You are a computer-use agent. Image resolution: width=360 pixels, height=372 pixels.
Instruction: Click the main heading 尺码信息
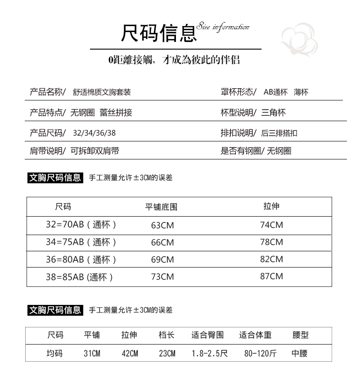pyautogui.click(x=159, y=33)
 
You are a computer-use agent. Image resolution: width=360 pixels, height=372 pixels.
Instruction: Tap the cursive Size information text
pyautogui.click(x=223, y=27)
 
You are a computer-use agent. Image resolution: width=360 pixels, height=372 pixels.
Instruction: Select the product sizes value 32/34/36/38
pyautogui.click(x=97, y=133)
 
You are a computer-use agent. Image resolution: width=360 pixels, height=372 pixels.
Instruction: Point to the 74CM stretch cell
pyautogui.click(x=271, y=225)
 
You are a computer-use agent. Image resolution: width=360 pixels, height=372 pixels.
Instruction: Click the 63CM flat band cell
pyautogui.click(x=162, y=225)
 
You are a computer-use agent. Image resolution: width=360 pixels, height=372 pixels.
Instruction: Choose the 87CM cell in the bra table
pyautogui.click(x=271, y=276)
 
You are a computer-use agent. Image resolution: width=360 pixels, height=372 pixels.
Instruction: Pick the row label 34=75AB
pyautogui.click(x=81, y=242)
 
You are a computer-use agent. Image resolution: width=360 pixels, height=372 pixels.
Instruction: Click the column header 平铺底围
pyautogui.click(x=161, y=207)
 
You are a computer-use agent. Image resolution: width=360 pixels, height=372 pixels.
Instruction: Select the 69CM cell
pyautogui.click(x=162, y=259)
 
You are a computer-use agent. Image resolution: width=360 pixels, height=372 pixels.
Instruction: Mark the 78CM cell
pyautogui.click(x=271, y=242)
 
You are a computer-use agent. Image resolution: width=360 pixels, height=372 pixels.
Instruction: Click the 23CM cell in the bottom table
pyautogui.click(x=167, y=354)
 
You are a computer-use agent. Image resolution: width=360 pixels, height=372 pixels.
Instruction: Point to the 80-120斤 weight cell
pyautogui.click(x=261, y=354)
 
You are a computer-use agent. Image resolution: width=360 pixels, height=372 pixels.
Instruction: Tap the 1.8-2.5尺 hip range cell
pyautogui.click(x=209, y=354)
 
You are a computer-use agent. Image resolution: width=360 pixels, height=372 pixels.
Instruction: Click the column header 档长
pyautogui.click(x=166, y=335)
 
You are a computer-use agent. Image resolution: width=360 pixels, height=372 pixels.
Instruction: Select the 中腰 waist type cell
pyautogui.click(x=300, y=354)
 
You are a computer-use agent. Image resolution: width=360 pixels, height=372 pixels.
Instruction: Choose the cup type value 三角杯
pyautogui.click(x=274, y=113)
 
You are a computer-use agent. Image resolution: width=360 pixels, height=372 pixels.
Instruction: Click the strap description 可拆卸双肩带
pyautogui.click(x=95, y=151)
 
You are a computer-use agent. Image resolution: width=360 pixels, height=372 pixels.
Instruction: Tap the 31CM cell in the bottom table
pyautogui.click(x=92, y=354)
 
